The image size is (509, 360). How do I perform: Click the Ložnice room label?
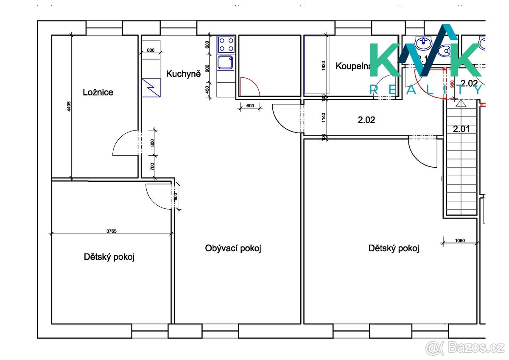click(98, 92)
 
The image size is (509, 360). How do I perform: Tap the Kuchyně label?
click(183, 74)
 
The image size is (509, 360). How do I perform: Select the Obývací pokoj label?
click(233, 248)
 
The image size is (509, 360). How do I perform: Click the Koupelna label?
click(354, 66)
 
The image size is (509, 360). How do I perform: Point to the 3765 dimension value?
click(112, 231)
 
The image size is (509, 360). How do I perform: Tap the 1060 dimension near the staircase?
click(460, 240)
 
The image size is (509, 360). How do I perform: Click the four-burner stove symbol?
click(226, 44)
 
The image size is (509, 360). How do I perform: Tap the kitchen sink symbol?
click(225, 63)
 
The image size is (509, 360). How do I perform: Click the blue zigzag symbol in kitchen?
click(151, 87)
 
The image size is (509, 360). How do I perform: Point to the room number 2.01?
click(461, 129)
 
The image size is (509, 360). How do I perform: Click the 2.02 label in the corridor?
click(366, 120)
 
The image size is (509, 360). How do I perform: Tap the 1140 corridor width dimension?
click(324, 118)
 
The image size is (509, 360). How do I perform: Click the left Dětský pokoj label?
click(109, 257)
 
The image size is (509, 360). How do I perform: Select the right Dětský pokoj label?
click(394, 248)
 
